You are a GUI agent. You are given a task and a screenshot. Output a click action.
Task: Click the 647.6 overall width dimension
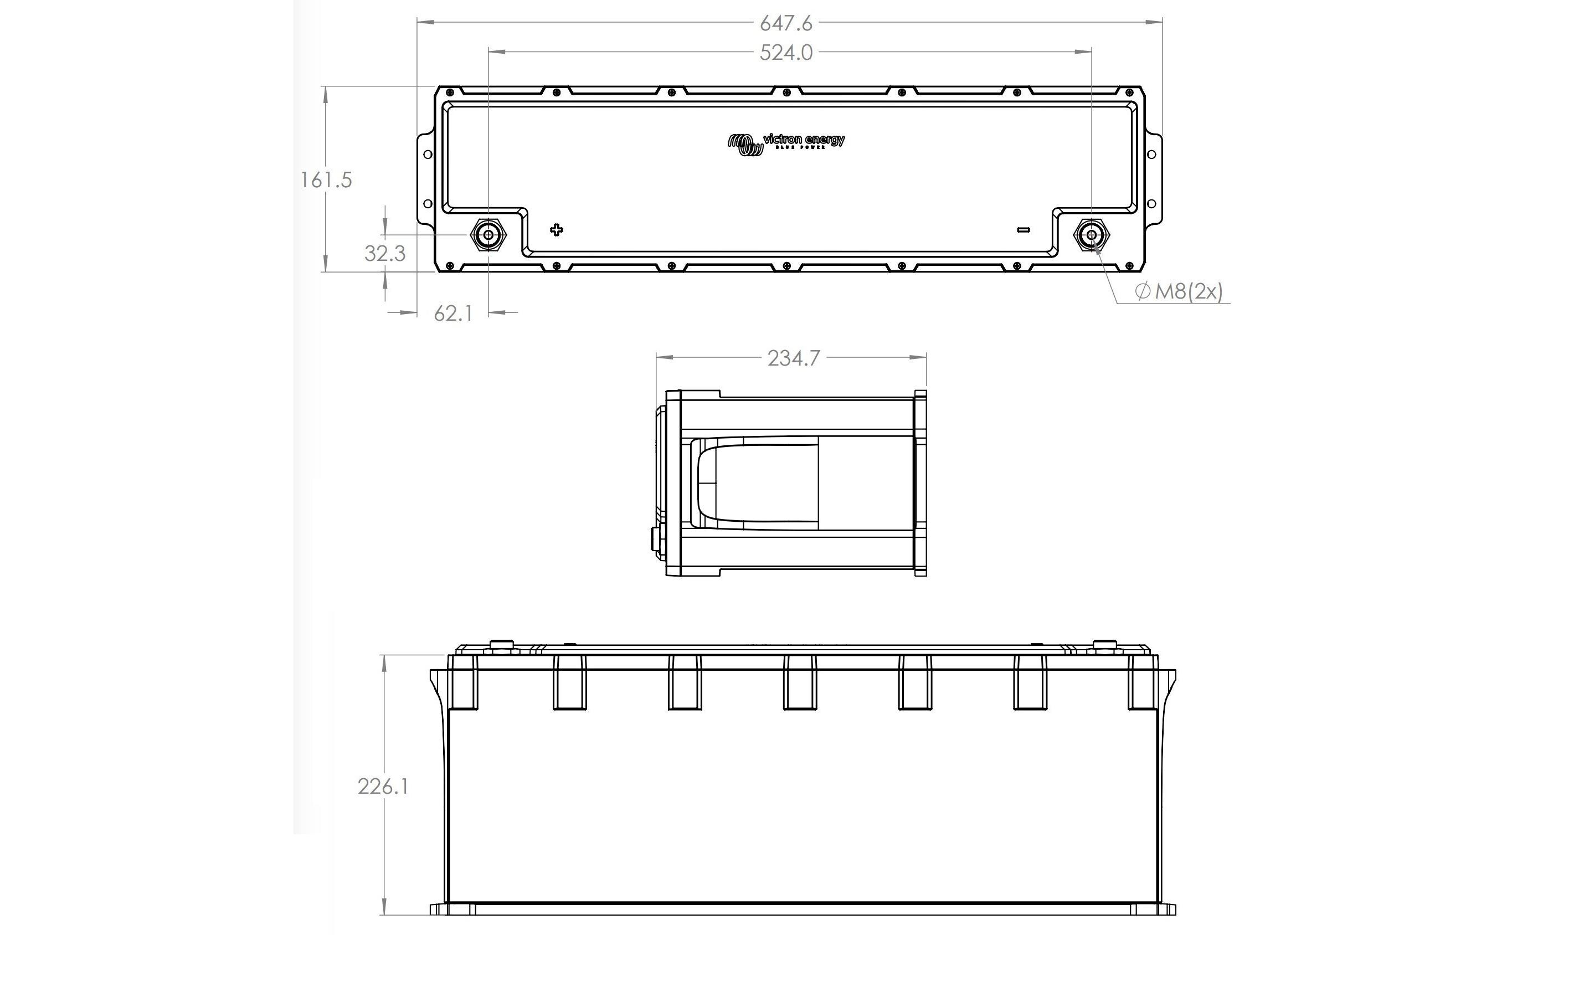[x=785, y=24]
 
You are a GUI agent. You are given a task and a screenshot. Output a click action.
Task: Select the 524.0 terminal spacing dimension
[x=785, y=53]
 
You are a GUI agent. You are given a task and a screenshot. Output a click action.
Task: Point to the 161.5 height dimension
[x=326, y=179]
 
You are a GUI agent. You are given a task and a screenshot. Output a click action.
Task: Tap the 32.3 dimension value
[x=385, y=253]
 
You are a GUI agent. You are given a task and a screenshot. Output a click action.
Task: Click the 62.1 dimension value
[x=452, y=314]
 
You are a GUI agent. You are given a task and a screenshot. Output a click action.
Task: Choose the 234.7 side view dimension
[x=793, y=358]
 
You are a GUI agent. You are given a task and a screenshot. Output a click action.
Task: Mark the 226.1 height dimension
[x=383, y=786]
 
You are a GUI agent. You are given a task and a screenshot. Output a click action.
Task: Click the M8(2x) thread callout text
[x=1188, y=291]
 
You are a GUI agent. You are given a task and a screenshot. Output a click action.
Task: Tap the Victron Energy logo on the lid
[x=786, y=143]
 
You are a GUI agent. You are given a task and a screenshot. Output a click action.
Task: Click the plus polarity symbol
[x=557, y=229]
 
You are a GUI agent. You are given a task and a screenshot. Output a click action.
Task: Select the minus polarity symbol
[x=1023, y=229]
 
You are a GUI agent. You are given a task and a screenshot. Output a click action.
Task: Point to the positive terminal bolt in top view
[x=488, y=235]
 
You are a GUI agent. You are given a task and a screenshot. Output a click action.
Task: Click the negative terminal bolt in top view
[x=1092, y=235]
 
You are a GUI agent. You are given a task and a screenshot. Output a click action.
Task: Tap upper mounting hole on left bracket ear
[x=426, y=155]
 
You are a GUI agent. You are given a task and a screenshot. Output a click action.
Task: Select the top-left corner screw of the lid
[x=449, y=92]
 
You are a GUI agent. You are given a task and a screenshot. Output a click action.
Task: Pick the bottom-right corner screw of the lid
[x=1129, y=266]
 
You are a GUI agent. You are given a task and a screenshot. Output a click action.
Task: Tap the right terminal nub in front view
[x=1103, y=646]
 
